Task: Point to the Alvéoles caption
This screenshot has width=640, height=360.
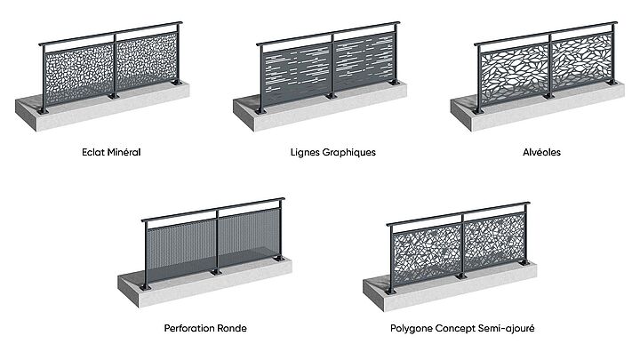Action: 542,152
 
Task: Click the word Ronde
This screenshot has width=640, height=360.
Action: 235,328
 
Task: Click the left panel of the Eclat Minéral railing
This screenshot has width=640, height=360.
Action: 79,76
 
